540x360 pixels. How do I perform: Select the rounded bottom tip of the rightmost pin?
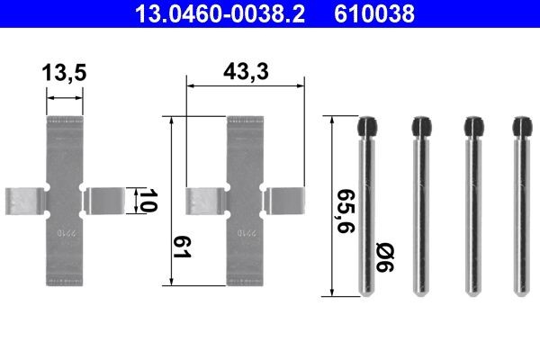(521, 292)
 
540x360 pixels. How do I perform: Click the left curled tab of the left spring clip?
(22, 201)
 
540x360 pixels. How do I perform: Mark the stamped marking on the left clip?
(65, 233)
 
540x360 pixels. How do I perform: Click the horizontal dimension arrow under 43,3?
(244, 86)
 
